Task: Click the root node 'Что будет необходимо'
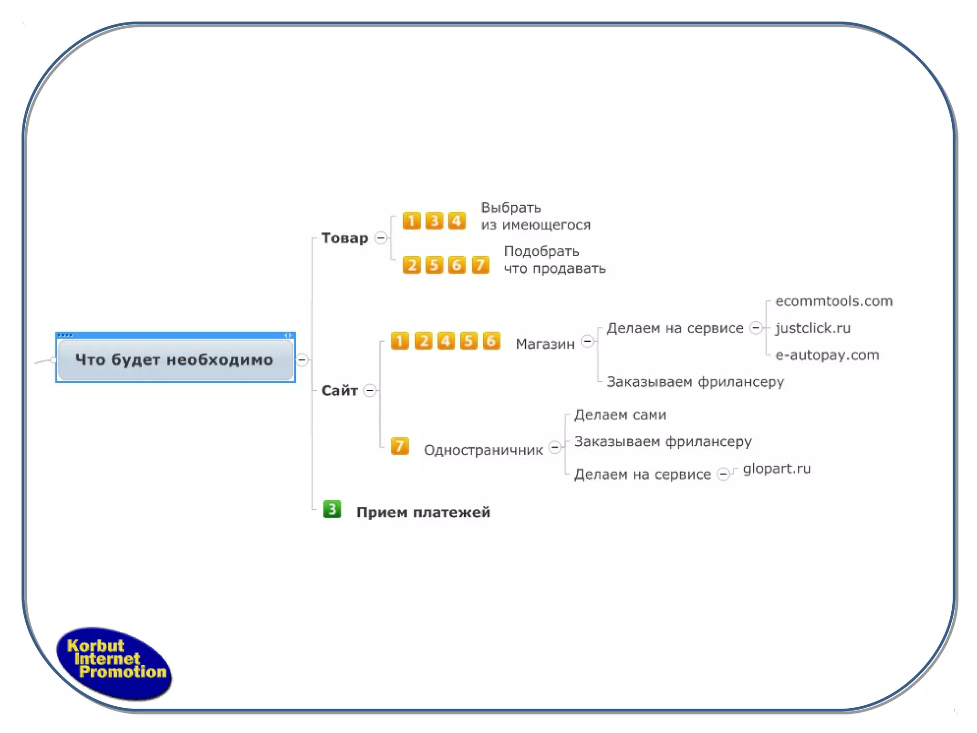click(175, 359)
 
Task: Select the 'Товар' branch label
click(344, 238)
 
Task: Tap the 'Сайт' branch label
click(339, 390)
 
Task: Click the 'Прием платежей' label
click(423, 512)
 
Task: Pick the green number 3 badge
click(332, 509)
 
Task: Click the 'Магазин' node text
click(545, 344)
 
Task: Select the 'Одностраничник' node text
click(483, 450)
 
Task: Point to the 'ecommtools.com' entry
click(833, 301)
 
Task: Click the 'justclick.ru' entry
click(813, 328)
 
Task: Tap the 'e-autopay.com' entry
click(827, 355)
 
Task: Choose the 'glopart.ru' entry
click(777, 469)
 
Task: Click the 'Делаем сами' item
click(620, 415)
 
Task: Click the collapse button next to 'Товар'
click(381, 238)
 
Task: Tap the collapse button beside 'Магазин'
click(588, 342)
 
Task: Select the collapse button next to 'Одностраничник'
click(555, 448)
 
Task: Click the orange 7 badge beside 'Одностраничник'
click(400, 446)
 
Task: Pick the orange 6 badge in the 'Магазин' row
click(491, 341)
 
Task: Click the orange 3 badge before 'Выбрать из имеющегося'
click(434, 221)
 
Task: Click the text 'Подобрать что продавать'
click(554, 260)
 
